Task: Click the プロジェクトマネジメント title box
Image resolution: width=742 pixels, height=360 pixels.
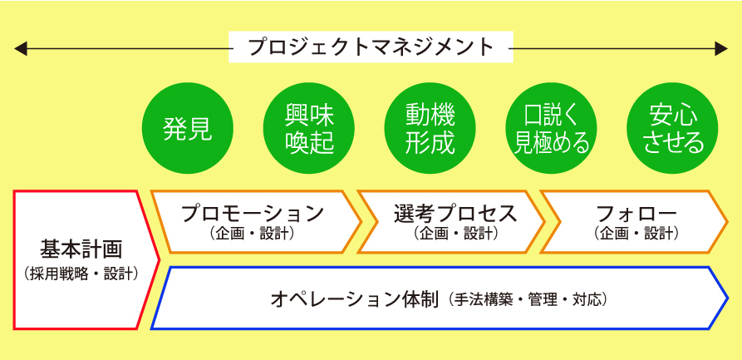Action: (x=371, y=47)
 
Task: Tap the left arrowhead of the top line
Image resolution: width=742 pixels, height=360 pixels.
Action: (x=20, y=48)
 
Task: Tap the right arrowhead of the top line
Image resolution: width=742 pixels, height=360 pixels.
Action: (x=720, y=48)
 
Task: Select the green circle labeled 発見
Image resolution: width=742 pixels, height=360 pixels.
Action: (x=188, y=128)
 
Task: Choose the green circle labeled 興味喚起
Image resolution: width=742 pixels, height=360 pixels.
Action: (x=309, y=128)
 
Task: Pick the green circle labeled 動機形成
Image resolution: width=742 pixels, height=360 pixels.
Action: (x=430, y=128)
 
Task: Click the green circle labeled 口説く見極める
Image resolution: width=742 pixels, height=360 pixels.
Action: (x=551, y=128)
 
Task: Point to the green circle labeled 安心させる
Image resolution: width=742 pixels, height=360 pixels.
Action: (x=672, y=128)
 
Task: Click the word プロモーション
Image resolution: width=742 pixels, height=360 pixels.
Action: (x=253, y=214)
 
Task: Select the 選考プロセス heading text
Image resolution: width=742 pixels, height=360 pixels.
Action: (x=455, y=215)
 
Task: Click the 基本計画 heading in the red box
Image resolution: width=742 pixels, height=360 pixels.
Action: (x=81, y=249)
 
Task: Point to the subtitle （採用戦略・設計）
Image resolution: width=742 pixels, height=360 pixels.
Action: (x=81, y=274)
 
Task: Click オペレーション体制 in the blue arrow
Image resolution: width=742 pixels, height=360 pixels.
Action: (x=355, y=299)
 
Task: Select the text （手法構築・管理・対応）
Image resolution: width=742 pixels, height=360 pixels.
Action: (x=526, y=299)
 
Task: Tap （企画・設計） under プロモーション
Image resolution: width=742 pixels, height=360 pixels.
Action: (x=252, y=234)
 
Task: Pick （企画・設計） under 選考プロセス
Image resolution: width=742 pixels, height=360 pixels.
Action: (x=455, y=234)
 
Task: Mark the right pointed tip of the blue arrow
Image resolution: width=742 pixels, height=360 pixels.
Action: (x=727, y=298)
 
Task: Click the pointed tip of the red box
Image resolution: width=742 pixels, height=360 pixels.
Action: (x=158, y=259)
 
